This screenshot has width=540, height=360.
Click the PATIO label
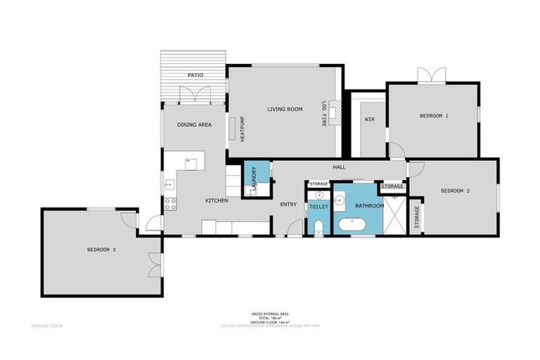click(195, 75)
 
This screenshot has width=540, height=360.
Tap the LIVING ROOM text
click(284, 109)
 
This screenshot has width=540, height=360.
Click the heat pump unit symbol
click(231, 129)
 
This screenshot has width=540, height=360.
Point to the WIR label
click(369, 119)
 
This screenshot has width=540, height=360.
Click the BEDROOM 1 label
click(434, 115)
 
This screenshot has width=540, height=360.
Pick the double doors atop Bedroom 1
click(432, 75)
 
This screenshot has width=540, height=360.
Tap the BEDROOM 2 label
click(455, 191)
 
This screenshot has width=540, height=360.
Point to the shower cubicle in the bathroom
click(395, 215)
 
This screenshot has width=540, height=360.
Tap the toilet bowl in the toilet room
click(318, 226)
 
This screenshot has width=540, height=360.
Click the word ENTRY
click(288, 205)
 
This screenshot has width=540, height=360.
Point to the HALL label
click(340, 167)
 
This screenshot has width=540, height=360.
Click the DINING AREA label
click(194, 124)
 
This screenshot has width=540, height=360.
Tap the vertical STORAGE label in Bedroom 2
click(417, 218)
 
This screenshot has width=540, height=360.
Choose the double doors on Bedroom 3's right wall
click(153, 264)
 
